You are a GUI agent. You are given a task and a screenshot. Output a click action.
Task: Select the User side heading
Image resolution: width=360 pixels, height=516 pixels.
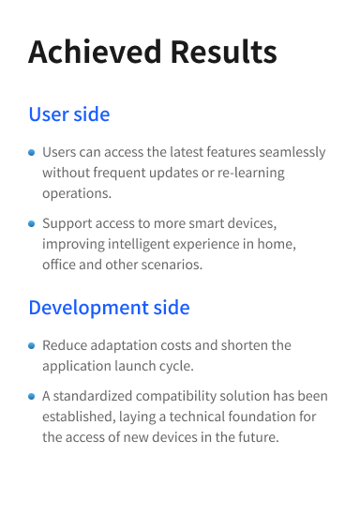[x=69, y=114]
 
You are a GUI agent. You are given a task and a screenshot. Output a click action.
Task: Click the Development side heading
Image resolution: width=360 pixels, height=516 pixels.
[x=109, y=308]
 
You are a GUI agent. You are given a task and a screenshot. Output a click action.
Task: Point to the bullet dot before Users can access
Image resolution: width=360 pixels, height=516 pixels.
[x=32, y=152]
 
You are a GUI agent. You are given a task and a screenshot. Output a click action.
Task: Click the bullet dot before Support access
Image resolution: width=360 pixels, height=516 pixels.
[x=32, y=224]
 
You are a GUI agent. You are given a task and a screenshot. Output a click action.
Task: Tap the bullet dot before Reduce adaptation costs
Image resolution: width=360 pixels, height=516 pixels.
[x=32, y=345]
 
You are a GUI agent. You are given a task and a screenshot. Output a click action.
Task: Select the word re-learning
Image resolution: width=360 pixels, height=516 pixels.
[x=247, y=173]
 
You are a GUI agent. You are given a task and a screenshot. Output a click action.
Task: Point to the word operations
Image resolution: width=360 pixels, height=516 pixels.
[x=76, y=193]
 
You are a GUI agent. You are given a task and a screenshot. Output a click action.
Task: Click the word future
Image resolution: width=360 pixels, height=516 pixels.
[x=255, y=437]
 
